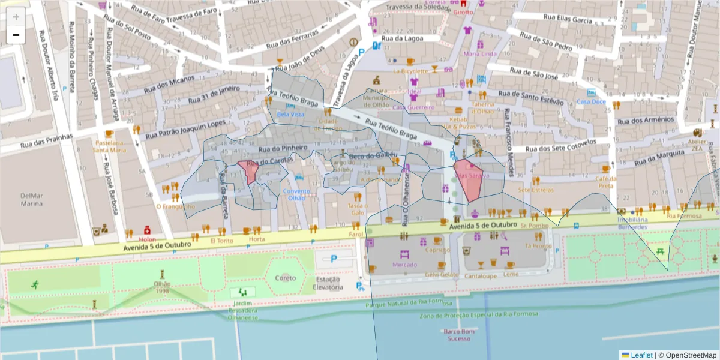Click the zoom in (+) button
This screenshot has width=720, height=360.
pyautogui.click(x=16, y=17)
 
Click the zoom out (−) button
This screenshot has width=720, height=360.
pyautogui.click(x=16, y=35)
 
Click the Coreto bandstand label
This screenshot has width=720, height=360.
pyautogui.click(x=286, y=278)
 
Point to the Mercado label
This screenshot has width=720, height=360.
pyautogui.click(x=404, y=265)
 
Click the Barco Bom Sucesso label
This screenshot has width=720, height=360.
pyautogui.click(x=459, y=335)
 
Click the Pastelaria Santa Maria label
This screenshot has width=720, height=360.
pyautogui.click(x=109, y=146)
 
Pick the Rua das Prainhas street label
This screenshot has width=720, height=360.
pyautogui.click(x=46, y=140)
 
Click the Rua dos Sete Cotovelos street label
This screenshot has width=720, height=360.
pyautogui.click(x=560, y=146)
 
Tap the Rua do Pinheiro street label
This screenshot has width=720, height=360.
pyautogui.click(x=283, y=148)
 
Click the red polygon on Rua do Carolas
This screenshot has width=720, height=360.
pyautogui.click(x=248, y=172)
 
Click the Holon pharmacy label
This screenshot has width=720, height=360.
pyautogui.click(x=147, y=239)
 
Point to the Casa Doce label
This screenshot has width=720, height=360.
pyautogui.click(x=591, y=101)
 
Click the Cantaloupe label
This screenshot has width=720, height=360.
pyautogui.click(x=480, y=276)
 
